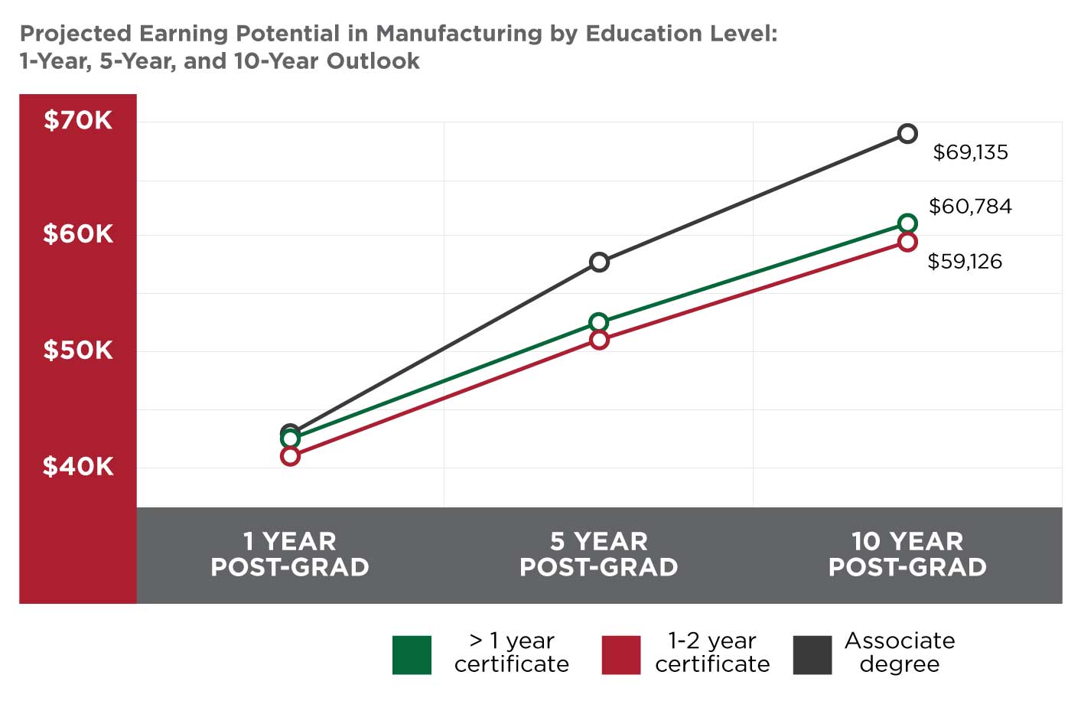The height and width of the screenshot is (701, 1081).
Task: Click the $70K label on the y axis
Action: point(78,120)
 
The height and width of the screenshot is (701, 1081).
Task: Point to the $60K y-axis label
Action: point(78,234)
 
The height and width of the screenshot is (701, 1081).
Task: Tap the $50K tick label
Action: point(78,350)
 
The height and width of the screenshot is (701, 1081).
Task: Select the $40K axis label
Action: point(78,466)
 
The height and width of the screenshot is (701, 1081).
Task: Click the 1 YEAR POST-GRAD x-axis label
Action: point(290,554)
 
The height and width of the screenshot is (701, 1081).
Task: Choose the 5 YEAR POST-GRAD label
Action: point(599,554)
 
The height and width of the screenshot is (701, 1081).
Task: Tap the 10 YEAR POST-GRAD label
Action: point(907,554)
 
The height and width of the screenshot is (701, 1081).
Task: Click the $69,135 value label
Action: point(970,152)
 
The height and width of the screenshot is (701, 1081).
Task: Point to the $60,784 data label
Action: point(970,207)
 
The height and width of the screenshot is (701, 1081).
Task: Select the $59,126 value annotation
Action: point(965,262)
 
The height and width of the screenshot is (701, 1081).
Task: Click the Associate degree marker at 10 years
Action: point(907,134)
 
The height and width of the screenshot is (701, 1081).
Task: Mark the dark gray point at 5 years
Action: point(599,262)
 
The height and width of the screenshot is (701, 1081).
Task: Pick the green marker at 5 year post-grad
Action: point(599,322)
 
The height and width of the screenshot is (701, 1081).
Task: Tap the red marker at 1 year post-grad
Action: point(290,457)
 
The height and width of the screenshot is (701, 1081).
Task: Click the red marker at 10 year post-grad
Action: point(907,243)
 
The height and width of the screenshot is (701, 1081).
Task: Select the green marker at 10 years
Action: point(907,223)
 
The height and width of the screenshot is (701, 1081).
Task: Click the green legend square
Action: point(412,655)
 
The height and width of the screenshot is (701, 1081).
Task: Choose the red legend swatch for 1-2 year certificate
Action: point(621,655)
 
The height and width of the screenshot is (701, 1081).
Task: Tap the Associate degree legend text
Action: point(900,652)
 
